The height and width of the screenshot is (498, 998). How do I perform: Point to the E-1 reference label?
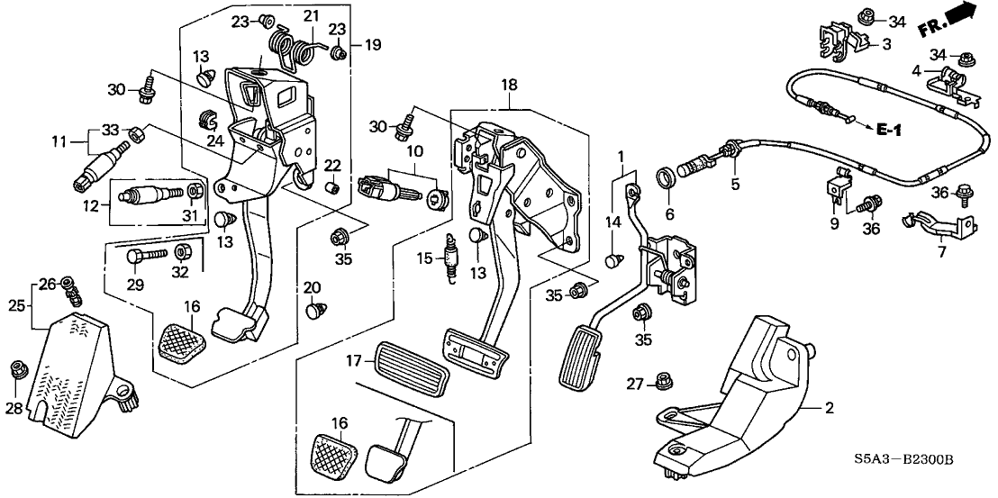(890, 131)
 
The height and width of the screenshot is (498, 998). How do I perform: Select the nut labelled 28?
(16, 369)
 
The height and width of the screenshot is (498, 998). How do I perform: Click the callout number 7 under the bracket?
(941, 251)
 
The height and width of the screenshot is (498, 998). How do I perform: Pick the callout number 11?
(59, 143)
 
